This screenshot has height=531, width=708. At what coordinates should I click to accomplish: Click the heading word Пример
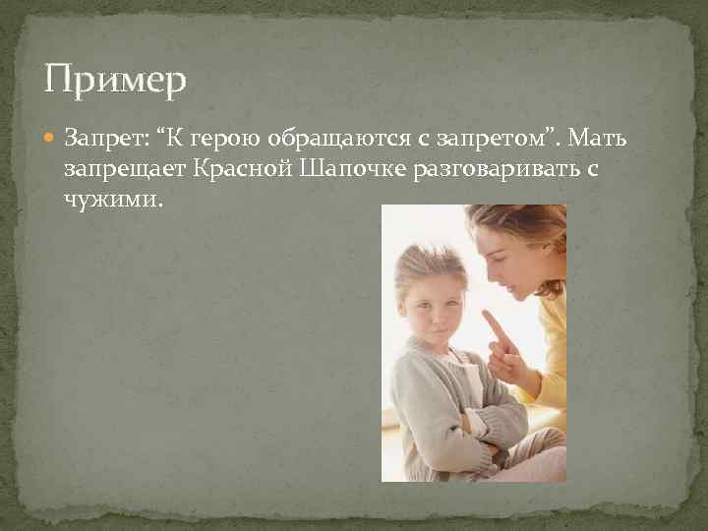click(x=115, y=79)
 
